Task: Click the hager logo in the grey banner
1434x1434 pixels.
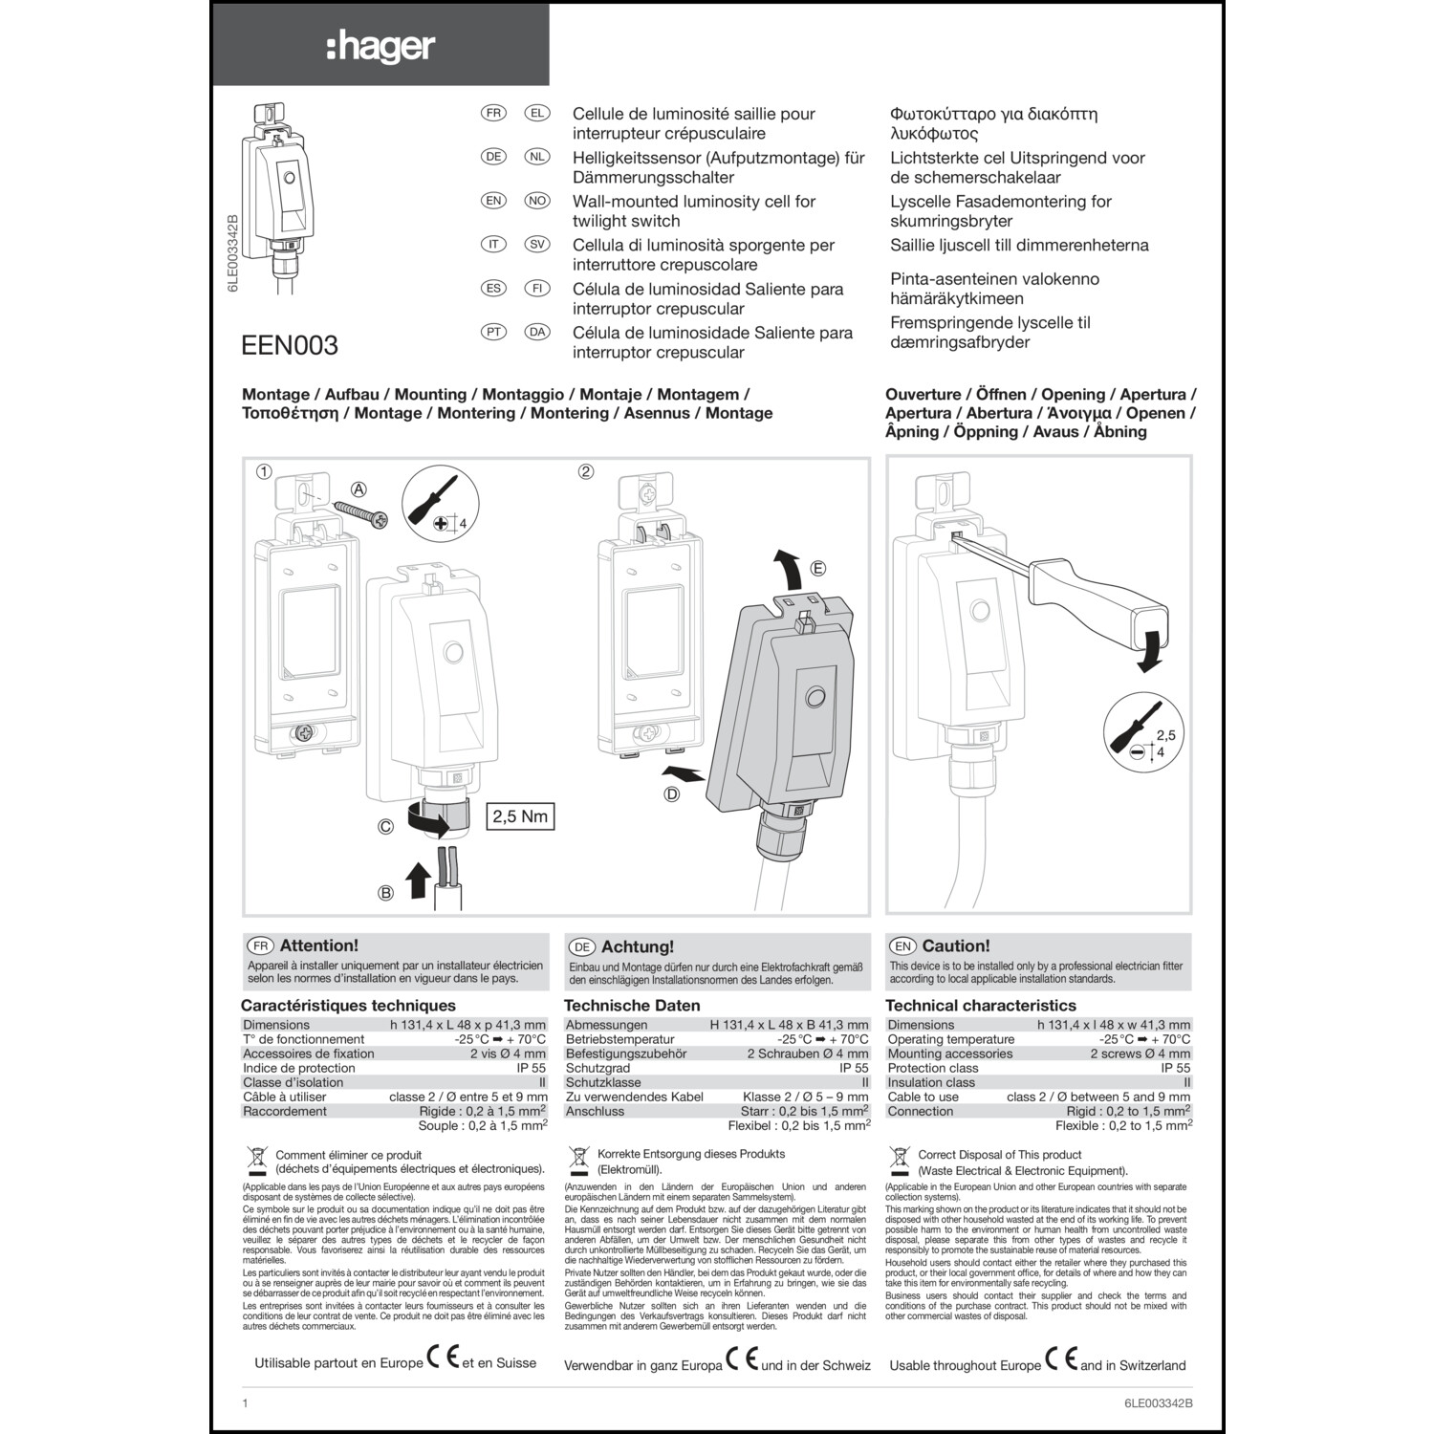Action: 380,46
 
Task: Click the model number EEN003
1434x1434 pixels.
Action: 290,345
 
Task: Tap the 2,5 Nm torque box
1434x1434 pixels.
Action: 520,816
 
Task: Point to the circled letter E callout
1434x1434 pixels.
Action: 817,569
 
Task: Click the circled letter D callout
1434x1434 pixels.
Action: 672,794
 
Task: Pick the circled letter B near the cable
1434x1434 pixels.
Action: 386,893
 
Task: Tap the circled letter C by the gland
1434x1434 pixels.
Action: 385,827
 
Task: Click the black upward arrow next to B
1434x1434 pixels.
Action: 417,880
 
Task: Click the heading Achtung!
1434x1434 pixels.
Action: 637,946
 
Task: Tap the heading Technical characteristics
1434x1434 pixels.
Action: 980,1006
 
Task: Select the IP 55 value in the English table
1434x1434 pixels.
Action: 1175,1068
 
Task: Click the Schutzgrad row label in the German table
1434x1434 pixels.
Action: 597,1068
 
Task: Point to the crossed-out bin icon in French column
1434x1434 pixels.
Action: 255,1161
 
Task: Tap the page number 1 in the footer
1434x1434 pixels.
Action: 245,1403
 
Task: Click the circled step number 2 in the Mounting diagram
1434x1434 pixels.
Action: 586,471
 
